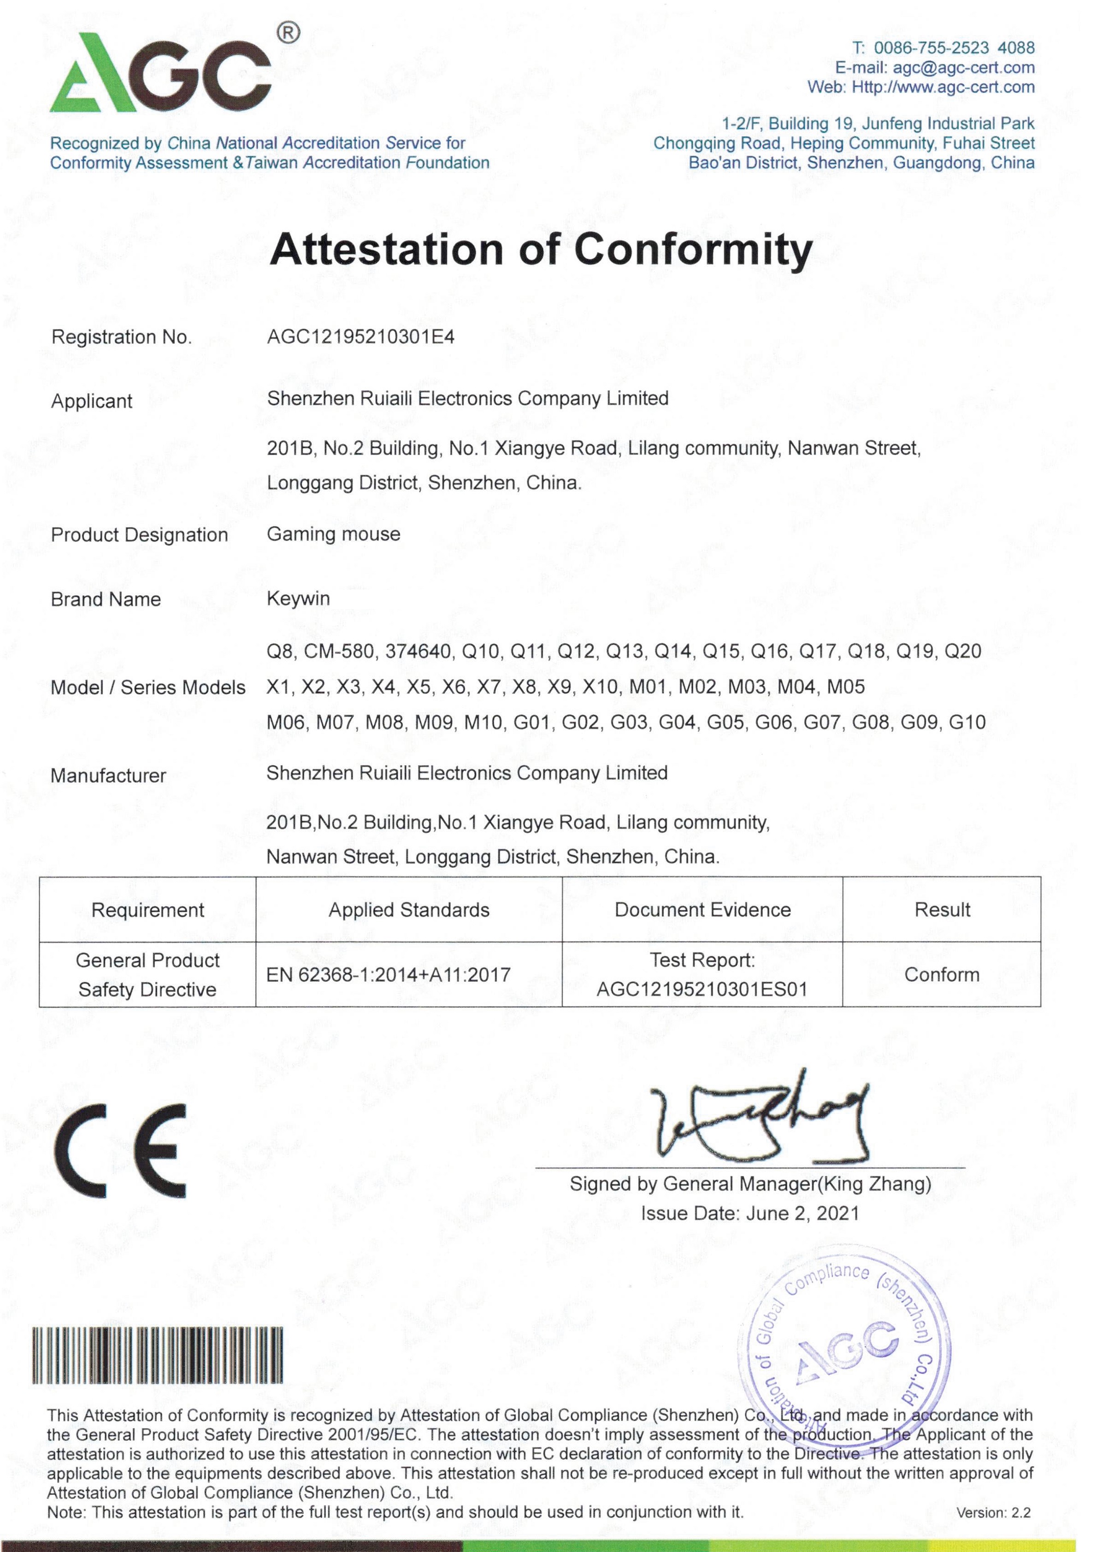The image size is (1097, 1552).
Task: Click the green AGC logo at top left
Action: point(161,76)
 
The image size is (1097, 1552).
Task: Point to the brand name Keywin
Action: point(298,599)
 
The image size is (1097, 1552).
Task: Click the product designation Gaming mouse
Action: point(333,534)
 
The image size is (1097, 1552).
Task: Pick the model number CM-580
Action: point(339,652)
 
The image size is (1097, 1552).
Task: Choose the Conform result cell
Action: point(942,975)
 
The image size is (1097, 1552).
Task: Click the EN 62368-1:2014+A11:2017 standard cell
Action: point(389,975)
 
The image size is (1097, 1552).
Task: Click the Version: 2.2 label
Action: point(993,1513)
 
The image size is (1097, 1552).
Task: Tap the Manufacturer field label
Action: point(108,776)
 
